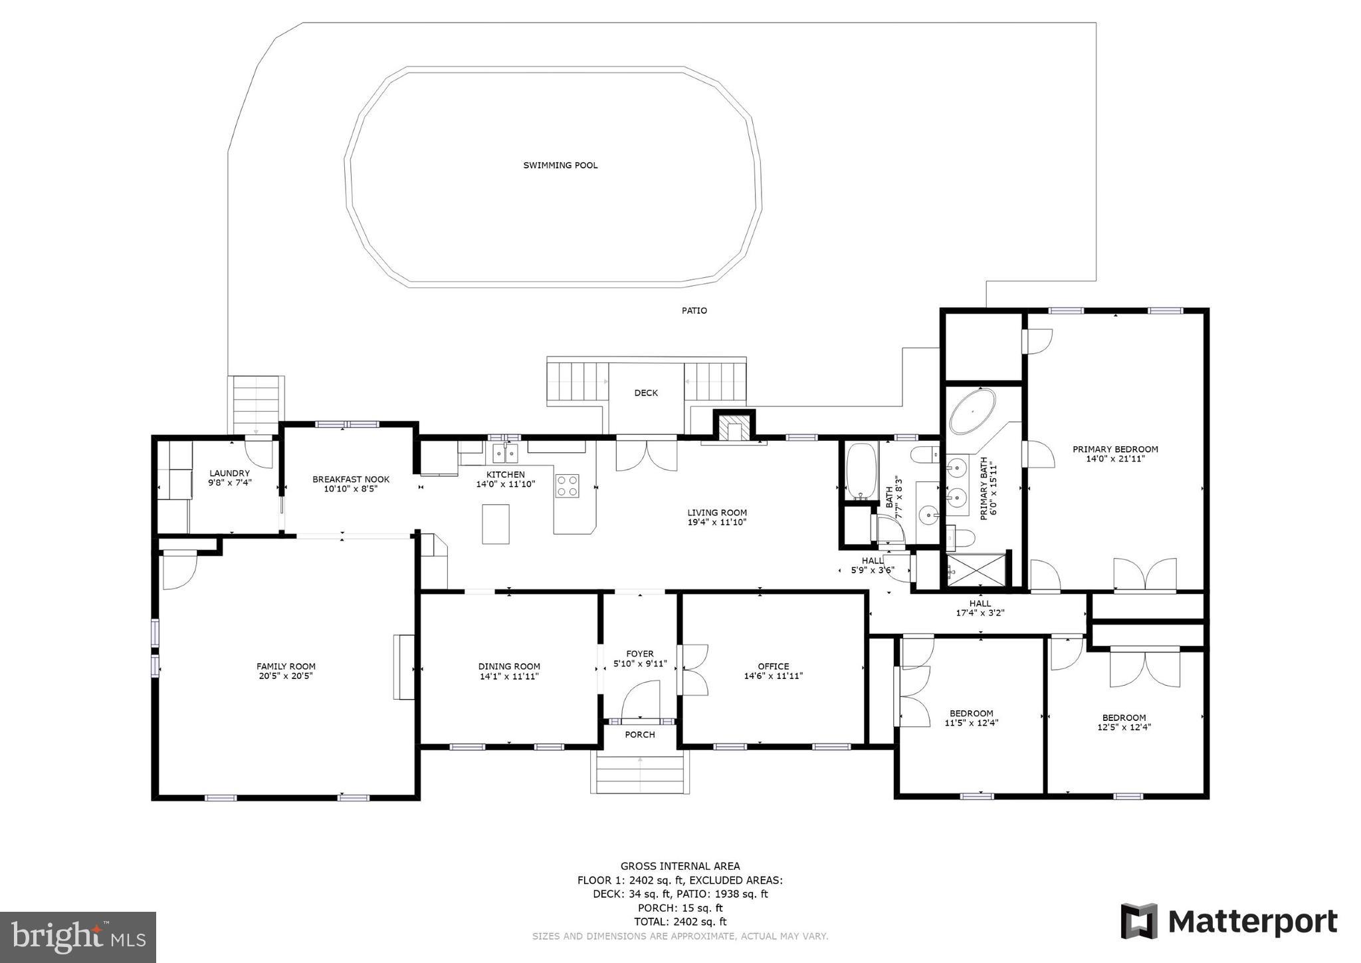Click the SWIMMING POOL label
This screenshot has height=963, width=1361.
click(560, 165)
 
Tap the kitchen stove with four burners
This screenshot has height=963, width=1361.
click(567, 485)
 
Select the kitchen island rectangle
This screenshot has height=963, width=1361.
click(496, 524)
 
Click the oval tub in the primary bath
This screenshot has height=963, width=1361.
click(972, 412)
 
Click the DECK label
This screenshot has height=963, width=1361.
click(645, 393)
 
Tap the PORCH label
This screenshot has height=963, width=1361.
click(640, 734)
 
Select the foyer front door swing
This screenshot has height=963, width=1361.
click(640, 700)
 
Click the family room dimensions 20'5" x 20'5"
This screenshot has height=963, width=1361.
click(286, 676)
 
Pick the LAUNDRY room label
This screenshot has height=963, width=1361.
click(229, 474)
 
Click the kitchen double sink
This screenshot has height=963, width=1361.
click(505, 454)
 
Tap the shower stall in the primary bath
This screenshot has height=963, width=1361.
click(976, 571)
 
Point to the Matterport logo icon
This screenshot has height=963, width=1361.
click(1139, 921)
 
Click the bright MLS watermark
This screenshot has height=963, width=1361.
click(78, 937)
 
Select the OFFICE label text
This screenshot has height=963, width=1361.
click(774, 666)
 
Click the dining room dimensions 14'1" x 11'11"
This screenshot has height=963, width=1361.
click(509, 676)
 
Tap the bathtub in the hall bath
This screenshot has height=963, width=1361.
click(861, 472)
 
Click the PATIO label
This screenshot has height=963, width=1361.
click(694, 311)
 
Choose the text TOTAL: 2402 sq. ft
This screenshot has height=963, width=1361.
click(680, 922)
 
